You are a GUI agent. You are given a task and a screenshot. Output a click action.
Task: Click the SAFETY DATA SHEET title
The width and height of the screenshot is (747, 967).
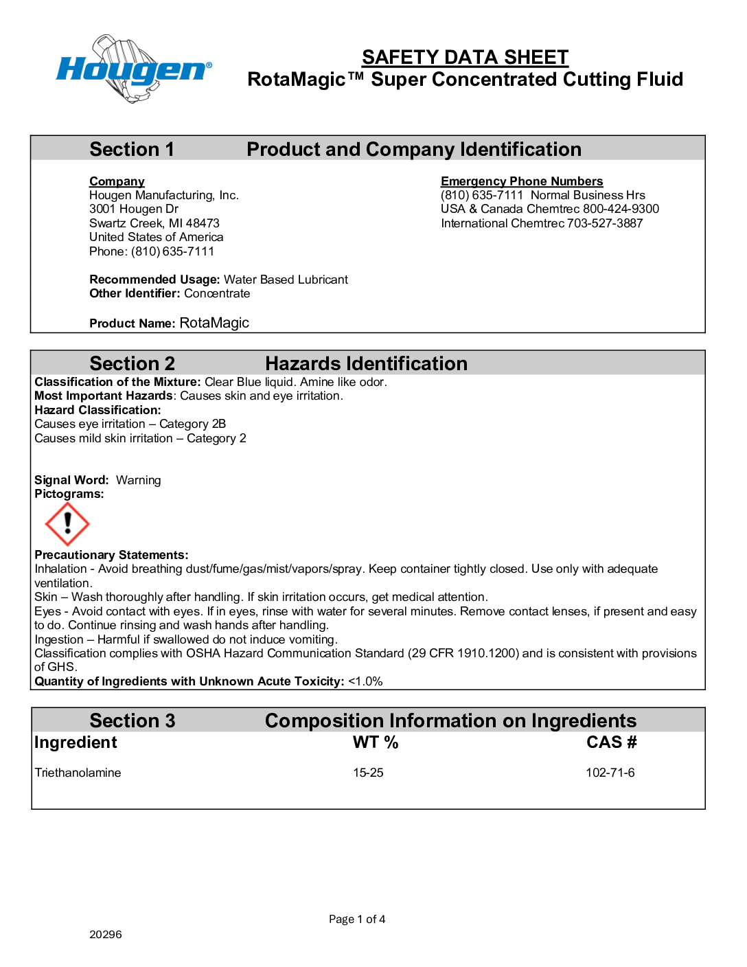point(465,57)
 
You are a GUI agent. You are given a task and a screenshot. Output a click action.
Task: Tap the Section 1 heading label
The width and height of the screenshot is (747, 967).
point(132,149)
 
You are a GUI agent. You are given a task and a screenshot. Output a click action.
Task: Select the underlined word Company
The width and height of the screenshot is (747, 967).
point(117,181)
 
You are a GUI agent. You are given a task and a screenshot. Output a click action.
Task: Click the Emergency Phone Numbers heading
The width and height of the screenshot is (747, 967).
point(522,181)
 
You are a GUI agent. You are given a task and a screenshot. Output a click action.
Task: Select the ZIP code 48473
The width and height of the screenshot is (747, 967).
point(203,223)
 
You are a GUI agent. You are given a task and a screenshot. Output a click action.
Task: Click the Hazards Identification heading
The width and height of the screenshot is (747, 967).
point(366,363)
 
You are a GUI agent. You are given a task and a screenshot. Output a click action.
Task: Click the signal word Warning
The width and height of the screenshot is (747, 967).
point(138,480)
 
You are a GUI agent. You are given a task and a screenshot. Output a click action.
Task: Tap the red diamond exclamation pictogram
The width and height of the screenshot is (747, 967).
point(67,524)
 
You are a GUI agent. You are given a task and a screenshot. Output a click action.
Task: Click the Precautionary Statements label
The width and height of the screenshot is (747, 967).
point(111,555)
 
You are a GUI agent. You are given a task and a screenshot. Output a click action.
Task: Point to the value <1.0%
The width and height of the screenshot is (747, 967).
point(365,681)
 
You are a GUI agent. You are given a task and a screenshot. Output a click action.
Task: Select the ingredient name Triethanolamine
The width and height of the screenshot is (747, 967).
point(78,773)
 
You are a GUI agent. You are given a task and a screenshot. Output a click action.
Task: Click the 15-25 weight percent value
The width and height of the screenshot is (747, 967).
point(368,773)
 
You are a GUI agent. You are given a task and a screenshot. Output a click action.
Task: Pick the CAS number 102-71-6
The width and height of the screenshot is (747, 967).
point(610,773)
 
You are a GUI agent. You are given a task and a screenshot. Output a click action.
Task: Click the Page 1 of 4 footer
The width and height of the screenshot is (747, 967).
point(357,919)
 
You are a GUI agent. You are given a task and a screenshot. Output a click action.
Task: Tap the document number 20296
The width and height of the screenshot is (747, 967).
point(106,934)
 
